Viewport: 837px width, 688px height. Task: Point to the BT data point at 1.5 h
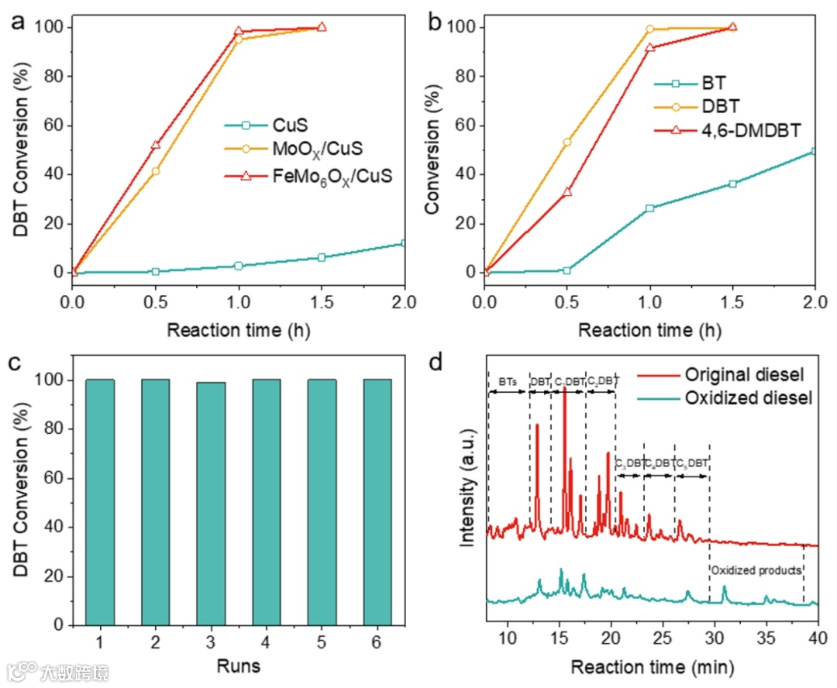click(x=732, y=184)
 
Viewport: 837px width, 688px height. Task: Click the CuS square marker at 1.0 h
click(x=239, y=266)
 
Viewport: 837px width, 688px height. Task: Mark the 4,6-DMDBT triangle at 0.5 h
click(x=567, y=191)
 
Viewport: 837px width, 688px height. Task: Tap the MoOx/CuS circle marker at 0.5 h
click(x=156, y=170)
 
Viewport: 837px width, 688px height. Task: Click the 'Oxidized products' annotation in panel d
click(x=756, y=570)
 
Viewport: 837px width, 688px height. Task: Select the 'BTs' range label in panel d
click(x=508, y=381)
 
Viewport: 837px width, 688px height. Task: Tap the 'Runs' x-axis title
click(x=239, y=666)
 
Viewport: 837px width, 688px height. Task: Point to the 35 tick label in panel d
click(x=766, y=637)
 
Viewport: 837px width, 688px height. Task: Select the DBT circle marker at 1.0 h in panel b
click(x=650, y=29)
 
